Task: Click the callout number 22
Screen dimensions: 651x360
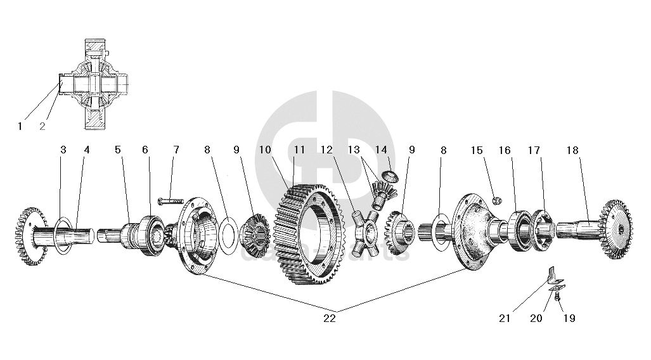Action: (330, 319)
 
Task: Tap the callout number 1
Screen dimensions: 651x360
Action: (20, 126)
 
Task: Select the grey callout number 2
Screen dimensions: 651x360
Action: (42, 126)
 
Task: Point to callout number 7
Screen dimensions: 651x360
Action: (176, 150)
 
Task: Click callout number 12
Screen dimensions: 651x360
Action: (326, 150)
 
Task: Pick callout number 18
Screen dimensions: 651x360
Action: (572, 150)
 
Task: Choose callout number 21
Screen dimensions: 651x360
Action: (505, 319)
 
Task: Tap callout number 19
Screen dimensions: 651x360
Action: (569, 319)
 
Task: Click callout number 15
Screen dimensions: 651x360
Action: (477, 150)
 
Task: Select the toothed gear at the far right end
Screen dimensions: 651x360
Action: (616, 229)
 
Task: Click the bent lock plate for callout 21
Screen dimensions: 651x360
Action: (553, 275)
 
